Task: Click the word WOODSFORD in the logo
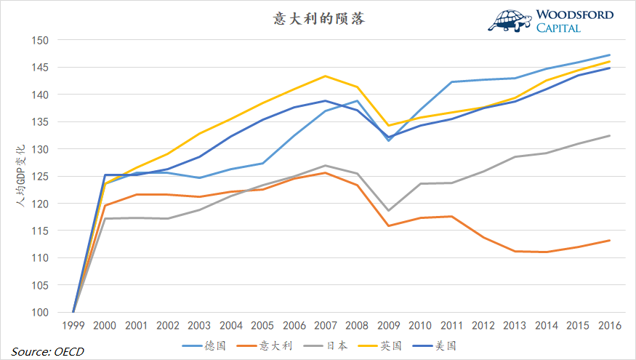575,15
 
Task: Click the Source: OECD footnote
47,351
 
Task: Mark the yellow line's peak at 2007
326,76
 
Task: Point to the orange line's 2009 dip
389,225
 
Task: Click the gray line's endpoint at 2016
609,135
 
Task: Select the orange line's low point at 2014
547,252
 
